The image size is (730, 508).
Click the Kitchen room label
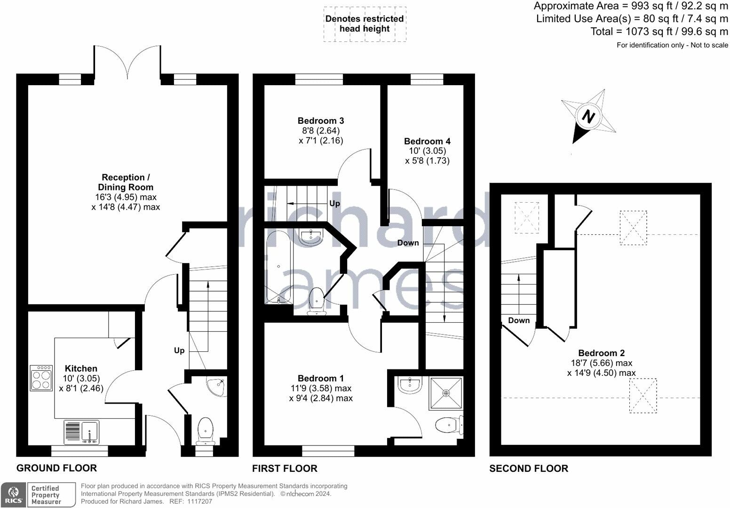[x=81, y=369]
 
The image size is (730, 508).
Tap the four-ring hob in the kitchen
[x=41, y=378]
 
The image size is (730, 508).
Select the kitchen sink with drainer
[x=82, y=432]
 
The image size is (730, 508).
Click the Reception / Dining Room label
[x=126, y=182]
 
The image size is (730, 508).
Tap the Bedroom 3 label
[x=321, y=120]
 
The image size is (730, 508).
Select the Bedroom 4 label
[x=427, y=141]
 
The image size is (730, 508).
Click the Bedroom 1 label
[x=321, y=378]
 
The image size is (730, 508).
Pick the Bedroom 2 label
[x=601, y=353]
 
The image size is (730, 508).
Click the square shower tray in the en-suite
[x=446, y=393]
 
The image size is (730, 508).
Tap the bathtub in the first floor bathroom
[x=278, y=267]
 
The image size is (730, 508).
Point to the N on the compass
[x=588, y=116]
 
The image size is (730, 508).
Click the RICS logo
[x=13, y=495]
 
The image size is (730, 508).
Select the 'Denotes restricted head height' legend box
[x=365, y=24]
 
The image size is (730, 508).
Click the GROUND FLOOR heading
[x=57, y=468]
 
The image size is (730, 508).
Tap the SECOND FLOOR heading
[x=529, y=468]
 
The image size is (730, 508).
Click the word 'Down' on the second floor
[x=519, y=320]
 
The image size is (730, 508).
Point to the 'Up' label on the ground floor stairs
[x=179, y=350]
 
